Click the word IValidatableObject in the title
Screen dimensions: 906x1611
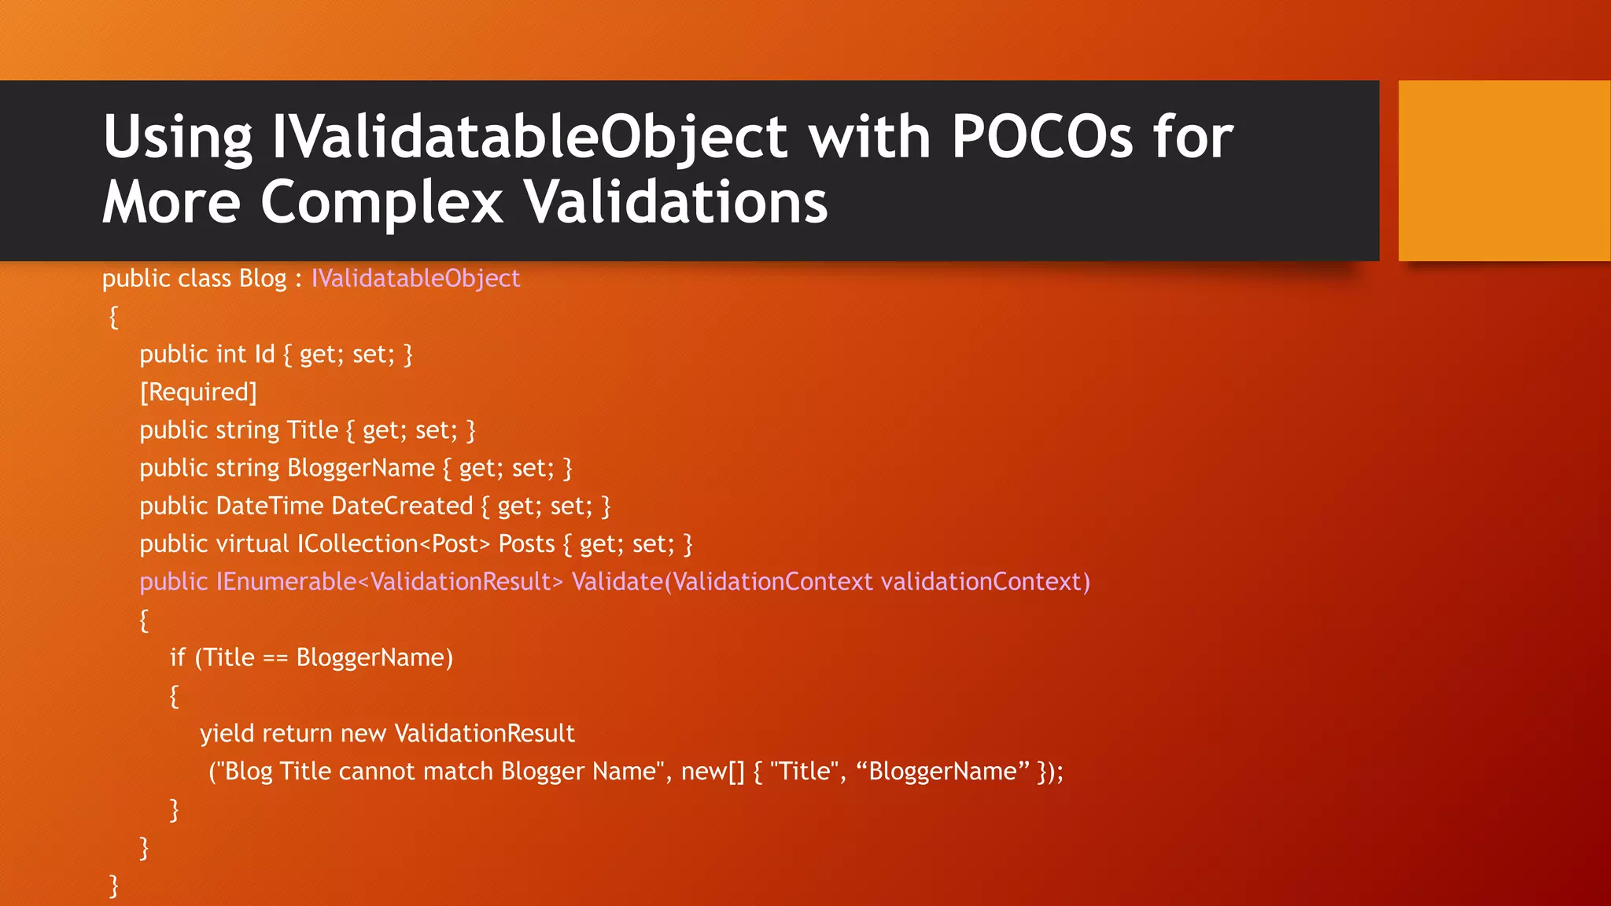click(528, 137)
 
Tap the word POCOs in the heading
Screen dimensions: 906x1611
click(1041, 137)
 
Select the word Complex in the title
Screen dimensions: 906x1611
click(381, 202)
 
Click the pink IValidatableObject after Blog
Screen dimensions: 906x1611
click(415, 278)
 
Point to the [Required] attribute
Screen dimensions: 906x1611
click(198, 392)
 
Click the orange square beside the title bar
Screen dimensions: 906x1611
click(1503, 170)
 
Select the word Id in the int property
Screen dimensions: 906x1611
click(264, 354)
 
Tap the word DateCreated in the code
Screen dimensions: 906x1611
click(402, 506)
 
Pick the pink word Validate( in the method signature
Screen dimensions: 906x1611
click(621, 582)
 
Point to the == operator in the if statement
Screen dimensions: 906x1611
click(275, 658)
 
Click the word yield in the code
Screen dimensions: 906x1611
click(227, 734)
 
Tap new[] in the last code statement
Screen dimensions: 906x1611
click(712, 772)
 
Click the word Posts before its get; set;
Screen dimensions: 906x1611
click(526, 543)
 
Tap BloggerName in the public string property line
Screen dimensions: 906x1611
click(360, 468)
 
